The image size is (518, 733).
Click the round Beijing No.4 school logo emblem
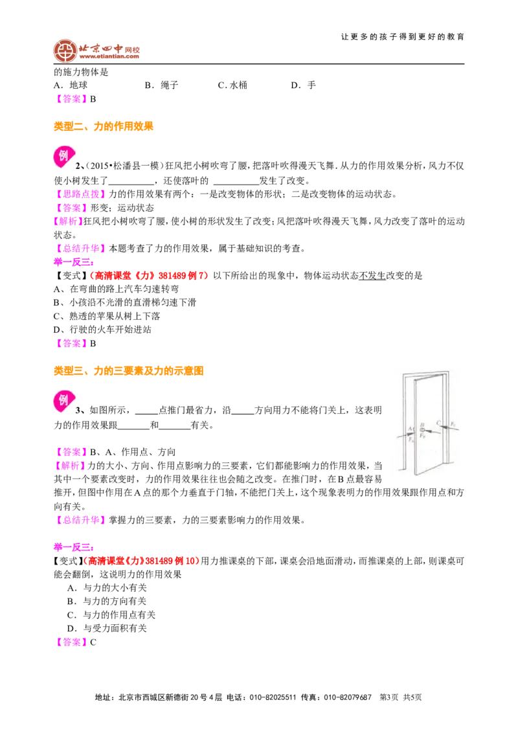click(x=65, y=51)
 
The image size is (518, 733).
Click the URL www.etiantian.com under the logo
click(x=109, y=56)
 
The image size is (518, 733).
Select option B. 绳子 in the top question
click(x=161, y=85)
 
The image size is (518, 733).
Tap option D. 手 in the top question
click(x=304, y=85)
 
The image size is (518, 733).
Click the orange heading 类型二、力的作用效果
click(x=104, y=126)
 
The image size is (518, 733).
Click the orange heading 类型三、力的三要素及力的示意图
click(x=129, y=370)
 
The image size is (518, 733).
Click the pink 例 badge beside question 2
click(x=63, y=157)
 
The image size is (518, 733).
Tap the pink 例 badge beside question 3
click(x=63, y=401)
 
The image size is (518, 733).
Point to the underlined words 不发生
click(x=372, y=276)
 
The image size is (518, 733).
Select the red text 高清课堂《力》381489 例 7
click(x=150, y=276)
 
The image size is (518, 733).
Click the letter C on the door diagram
click(x=438, y=423)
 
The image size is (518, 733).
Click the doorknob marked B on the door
click(x=422, y=429)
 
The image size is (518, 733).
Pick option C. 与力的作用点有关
click(x=111, y=615)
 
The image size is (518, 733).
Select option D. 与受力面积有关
click(x=107, y=628)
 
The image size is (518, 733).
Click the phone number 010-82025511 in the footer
click(x=273, y=697)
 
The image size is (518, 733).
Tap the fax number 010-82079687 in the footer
click(x=348, y=697)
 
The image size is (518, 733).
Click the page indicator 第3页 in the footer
click(x=389, y=697)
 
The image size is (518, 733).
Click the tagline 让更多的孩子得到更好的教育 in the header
click(x=403, y=37)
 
